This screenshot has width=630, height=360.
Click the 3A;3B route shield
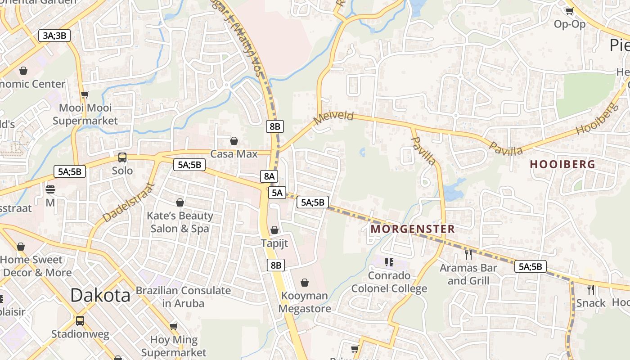tap(55, 36)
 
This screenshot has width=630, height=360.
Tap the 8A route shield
tap(269, 176)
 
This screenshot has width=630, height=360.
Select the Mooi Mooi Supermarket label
tap(85, 114)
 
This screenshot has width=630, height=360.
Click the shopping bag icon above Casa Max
tap(234, 141)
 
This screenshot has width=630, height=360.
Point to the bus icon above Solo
tap(122, 157)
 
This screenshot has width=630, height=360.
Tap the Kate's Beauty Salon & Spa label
tap(180, 222)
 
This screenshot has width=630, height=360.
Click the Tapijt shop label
tap(274, 243)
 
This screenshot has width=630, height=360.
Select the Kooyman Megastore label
tap(305, 302)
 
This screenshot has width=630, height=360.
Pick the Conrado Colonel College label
tap(389, 282)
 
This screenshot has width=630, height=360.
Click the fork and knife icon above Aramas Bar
tap(468, 255)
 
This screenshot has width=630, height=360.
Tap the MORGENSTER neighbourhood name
tap(413, 229)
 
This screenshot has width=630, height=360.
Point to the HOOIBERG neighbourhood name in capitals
tap(562, 164)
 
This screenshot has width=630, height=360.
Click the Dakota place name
tap(100, 295)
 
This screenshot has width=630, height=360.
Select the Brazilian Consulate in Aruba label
tap(183, 297)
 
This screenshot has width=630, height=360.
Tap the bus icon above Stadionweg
tap(80, 321)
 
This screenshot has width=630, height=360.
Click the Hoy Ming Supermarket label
tap(174, 346)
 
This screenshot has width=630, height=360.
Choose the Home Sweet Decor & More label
tap(34, 266)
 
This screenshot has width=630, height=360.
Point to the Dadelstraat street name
tap(128, 202)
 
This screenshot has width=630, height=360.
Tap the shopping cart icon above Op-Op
tap(569, 11)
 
